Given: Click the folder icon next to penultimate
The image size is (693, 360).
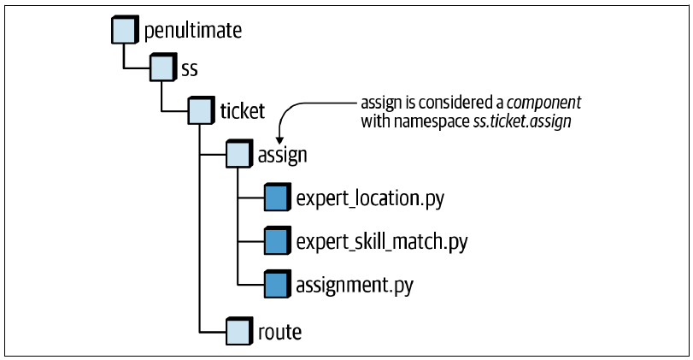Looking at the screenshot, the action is [125, 30].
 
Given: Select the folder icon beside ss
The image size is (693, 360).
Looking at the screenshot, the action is [163, 68].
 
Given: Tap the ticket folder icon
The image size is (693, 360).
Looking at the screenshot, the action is [202, 110].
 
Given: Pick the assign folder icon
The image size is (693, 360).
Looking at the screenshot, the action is [239, 153].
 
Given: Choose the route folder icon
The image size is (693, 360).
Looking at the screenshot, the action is [239, 331].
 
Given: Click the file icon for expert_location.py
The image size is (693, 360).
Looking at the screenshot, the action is [278, 198].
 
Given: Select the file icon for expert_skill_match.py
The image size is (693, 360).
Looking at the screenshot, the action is [278, 240].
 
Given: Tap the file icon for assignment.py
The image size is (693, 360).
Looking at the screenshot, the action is [278, 284].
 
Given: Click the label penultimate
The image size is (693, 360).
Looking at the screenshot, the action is [193, 31].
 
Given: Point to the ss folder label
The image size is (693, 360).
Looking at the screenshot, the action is [190, 69].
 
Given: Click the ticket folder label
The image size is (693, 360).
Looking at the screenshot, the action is [243, 110].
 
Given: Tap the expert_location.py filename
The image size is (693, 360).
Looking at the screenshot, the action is [370, 198].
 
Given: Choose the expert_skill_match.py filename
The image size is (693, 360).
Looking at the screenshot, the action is [382, 242].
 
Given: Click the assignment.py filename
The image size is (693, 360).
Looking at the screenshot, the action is [355, 286].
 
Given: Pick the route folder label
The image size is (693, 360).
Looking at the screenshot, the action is [279, 332].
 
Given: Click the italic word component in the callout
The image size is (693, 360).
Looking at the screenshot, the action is [544, 103].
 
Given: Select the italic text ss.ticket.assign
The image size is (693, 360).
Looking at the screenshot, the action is [522, 121].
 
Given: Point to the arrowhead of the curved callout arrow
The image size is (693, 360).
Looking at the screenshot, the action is [279, 140].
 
